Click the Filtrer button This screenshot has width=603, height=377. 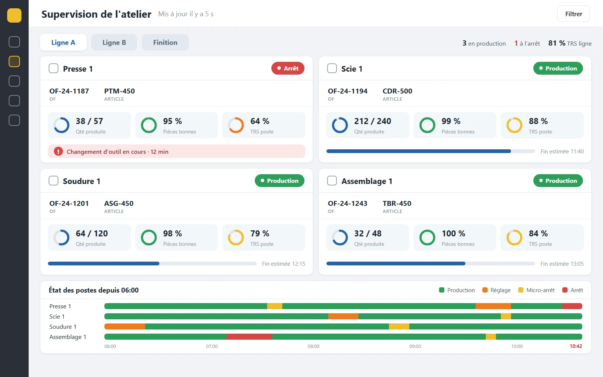[573, 14]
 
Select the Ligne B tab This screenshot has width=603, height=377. [114, 42]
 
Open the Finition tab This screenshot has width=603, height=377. [165, 42]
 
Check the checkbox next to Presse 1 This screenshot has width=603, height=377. [53, 68]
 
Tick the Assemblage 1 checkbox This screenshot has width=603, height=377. [332, 181]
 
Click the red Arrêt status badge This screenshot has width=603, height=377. [288, 68]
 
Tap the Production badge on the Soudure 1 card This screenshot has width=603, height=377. [279, 181]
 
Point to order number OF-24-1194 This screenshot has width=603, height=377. [347, 91]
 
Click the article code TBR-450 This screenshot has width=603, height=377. [397, 203]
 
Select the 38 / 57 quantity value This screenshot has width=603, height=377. [89, 121]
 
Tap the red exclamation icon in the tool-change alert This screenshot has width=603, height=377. [58, 152]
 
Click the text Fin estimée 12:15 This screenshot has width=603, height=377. [283, 264]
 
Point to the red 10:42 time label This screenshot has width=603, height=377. [576, 346]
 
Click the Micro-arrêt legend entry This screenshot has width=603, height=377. [536, 290]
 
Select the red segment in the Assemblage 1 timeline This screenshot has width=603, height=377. [249, 337]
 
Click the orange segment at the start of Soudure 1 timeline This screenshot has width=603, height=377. [125, 326]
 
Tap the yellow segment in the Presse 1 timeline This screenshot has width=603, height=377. [275, 306]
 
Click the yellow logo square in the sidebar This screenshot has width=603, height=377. [14, 15]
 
